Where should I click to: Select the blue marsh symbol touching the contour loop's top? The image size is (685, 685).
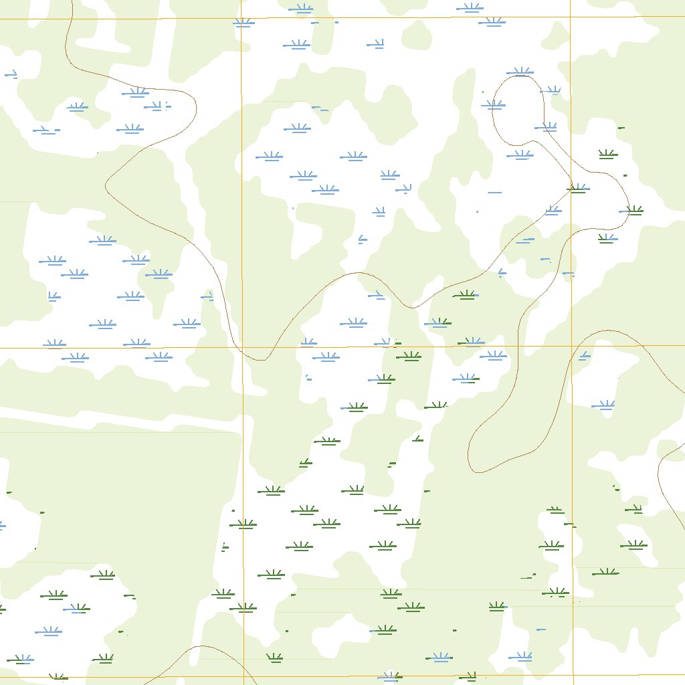click(x=520, y=72)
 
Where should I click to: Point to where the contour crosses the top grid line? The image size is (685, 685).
click(x=70, y=19)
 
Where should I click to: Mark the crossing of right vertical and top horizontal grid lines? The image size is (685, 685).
click(x=571, y=17)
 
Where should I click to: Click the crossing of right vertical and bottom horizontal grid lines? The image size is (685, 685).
click(x=573, y=676)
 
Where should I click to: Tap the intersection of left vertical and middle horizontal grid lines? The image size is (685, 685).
click(x=242, y=347)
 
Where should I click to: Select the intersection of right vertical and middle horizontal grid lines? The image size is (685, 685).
click(x=571, y=347)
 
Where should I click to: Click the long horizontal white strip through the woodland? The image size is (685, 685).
click(x=100, y=418)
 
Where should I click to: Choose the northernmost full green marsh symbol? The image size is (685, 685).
click(x=607, y=155)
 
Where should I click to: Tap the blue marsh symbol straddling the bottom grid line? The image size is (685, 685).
click(x=389, y=676)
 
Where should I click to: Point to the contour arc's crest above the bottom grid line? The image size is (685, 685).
click(x=203, y=646)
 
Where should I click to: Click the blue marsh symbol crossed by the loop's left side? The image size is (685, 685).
click(x=493, y=104)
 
